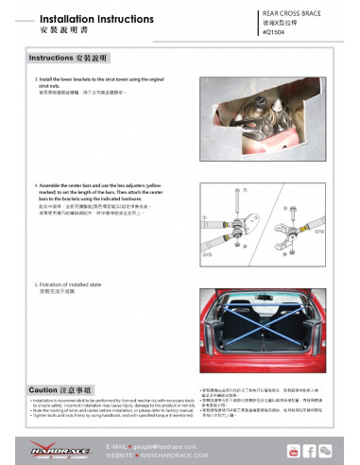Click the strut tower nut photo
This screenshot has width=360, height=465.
254,120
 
